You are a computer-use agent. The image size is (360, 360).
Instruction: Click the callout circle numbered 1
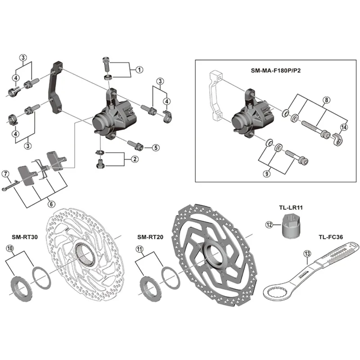pos(139,70)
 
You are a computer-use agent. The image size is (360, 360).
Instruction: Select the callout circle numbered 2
pos(135,159)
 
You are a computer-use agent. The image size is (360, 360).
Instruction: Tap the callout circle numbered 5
pos(155,147)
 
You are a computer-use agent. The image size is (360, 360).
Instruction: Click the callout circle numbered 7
pos(6,173)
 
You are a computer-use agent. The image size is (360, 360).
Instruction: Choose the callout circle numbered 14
pos(344,127)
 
